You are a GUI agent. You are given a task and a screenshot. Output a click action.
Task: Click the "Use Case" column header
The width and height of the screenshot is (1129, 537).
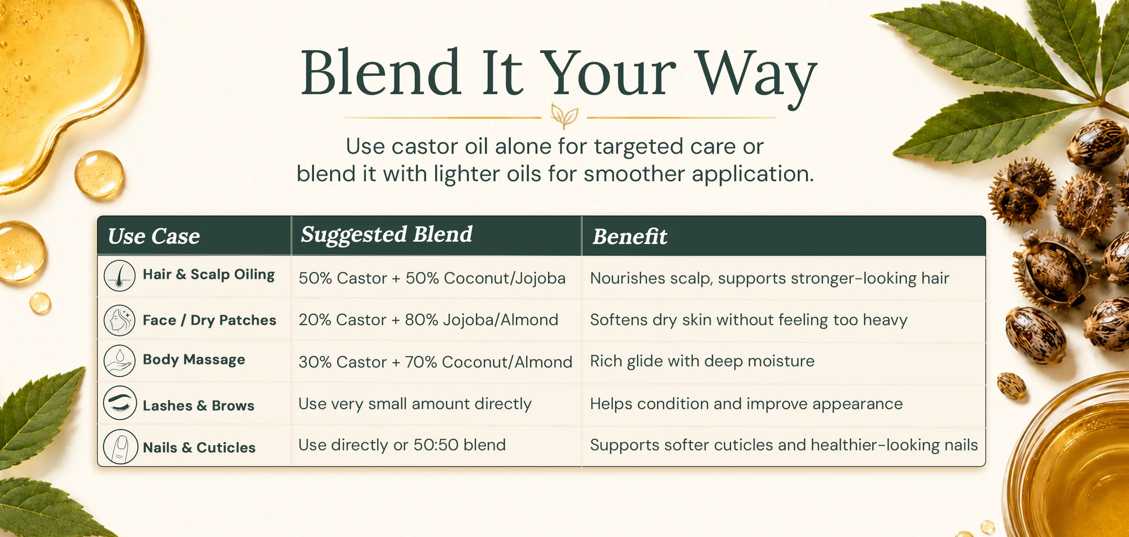(x=154, y=236)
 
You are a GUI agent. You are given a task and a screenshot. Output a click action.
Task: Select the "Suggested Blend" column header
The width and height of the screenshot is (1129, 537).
(x=387, y=235)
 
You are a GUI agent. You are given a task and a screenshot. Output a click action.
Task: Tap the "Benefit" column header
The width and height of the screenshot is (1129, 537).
(x=630, y=237)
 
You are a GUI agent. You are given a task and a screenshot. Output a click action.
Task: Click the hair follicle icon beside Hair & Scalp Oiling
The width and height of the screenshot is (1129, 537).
(x=120, y=276)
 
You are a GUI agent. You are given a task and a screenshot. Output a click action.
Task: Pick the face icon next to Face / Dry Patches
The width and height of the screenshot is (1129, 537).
(x=120, y=320)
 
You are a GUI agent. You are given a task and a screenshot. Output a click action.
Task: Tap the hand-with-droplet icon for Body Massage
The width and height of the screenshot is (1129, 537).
(x=120, y=361)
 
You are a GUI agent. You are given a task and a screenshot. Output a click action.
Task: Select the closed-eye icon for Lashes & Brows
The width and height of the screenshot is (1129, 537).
(x=120, y=403)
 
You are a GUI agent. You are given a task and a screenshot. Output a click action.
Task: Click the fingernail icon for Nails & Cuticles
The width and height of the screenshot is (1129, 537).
(x=120, y=447)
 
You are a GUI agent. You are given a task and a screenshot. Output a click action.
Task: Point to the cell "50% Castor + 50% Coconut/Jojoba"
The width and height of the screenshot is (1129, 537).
(x=432, y=278)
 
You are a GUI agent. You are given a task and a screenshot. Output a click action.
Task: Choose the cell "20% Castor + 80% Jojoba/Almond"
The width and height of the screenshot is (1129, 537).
(x=428, y=320)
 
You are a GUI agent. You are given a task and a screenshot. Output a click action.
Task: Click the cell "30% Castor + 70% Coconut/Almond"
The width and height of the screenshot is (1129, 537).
(x=435, y=362)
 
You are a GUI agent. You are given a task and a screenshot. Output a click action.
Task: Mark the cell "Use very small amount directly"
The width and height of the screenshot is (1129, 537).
(x=415, y=404)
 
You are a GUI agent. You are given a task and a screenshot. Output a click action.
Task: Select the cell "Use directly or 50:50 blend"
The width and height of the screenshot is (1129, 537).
(x=402, y=445)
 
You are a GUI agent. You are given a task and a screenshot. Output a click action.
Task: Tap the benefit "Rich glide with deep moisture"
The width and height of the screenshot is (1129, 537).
(x=702, y=361)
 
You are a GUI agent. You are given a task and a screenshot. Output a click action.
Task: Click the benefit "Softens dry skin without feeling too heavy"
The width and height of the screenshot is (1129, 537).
(x=749, y=320)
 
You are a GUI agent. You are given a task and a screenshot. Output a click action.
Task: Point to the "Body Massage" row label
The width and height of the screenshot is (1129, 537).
(x=194, y=360)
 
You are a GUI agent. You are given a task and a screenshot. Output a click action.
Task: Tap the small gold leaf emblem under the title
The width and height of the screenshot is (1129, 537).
(x=564, y=116)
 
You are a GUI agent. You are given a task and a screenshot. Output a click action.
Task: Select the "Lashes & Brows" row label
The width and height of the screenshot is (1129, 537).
(x=199, y=405)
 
